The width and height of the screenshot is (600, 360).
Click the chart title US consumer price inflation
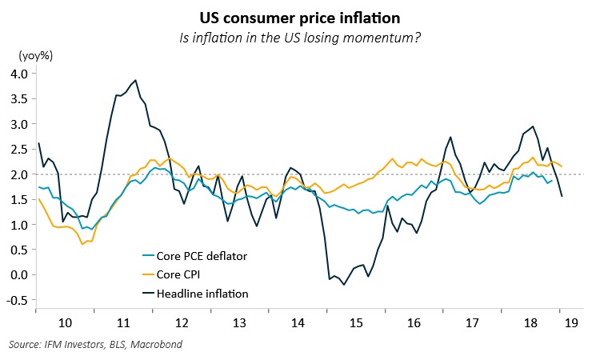(x=300, y=16)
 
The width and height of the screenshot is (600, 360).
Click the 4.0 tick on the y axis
(x=18, y=74)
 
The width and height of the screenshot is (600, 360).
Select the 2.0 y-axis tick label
(x=18, y=174)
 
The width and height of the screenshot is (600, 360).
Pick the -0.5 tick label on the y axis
(x=17, y=300)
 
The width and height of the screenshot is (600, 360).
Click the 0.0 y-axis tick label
(x=18, y=274)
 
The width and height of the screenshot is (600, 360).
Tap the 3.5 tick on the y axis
(x=18, y=99)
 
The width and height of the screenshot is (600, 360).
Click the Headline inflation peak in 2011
(x=136, y=80)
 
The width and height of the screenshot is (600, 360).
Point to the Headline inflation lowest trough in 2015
(x=344, y=285)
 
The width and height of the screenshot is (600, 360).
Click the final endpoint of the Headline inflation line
(x=561, y=196)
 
